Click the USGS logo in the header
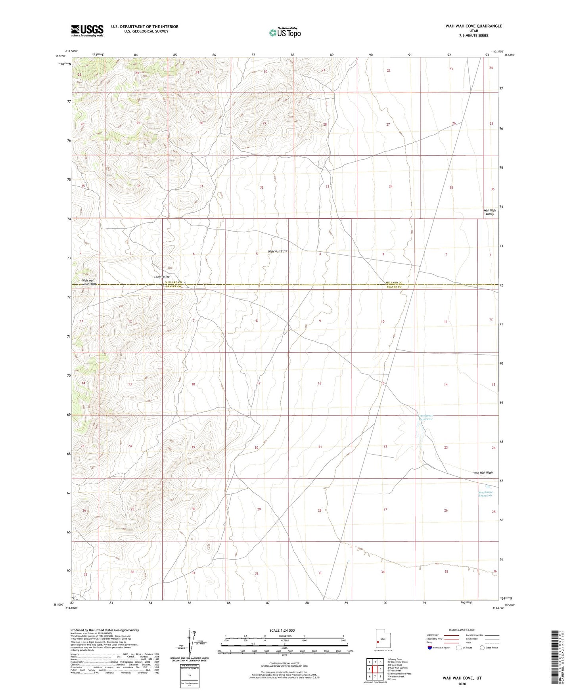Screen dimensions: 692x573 [x=87, y=31]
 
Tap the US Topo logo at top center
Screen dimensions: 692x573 [x=285, y=32]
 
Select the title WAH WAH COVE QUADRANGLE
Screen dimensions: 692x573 [x=473, y=26]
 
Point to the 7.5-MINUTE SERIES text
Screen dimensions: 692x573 [x=473, y=36]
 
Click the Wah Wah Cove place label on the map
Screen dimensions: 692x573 [x=278, y=251]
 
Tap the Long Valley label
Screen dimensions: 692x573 [x=162, y=277]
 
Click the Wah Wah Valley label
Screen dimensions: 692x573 [x=489, y=212]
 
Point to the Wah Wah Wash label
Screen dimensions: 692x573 [x=483, y=473]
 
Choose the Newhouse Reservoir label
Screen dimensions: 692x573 [x=485, y=494]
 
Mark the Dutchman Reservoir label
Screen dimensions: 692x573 [x=426, y=417]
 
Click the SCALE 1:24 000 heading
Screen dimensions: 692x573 [x=282, y=630]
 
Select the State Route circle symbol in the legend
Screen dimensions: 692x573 [x=482, y=648]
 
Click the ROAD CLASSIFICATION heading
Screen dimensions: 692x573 [x=462, y=630]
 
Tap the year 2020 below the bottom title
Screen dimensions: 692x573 [x=462, y=684]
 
